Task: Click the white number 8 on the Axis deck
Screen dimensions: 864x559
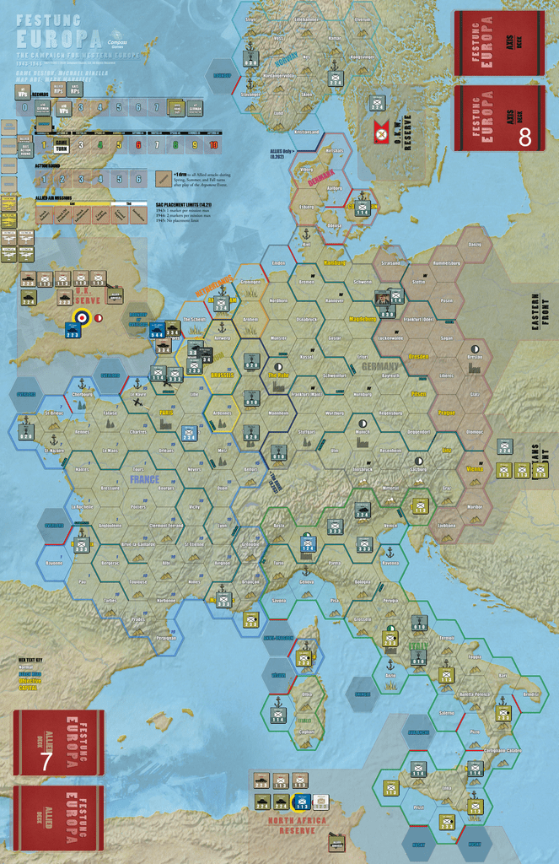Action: pyautogui.click(x=524, y=138)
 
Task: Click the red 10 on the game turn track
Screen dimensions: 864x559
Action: pyautogui.click(x=213, y=145)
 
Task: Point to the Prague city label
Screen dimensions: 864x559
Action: pyautogui.click(x=447, y=413)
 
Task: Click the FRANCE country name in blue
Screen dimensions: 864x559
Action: pyautogui.click(x=145, y=479)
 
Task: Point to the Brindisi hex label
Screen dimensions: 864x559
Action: pyautogui.click(x=530, y=694)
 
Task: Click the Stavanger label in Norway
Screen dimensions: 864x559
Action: pyautogui.click(x=250, y=95)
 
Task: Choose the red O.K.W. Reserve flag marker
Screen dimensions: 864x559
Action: pyautogui.click(x=380, y=132)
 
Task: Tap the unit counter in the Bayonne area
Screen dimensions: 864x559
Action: pyautogui.click(x=81, y=545)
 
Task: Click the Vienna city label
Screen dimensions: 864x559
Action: pyautogui.click(x=475, y=467)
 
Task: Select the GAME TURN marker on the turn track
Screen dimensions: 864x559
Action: pyautogui.click(x=61, y=145)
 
